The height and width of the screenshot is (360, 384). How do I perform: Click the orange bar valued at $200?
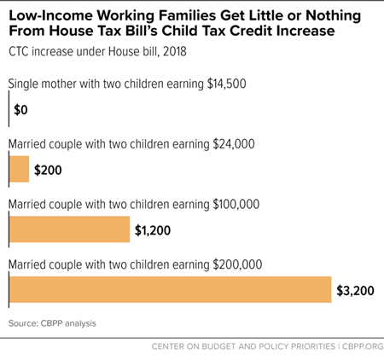[x=19, y=169]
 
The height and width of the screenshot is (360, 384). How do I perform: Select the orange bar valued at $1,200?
[x=69, y=229]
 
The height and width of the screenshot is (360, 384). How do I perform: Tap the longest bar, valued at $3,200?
[x=171, y=289]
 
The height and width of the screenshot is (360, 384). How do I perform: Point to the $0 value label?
[x=20, y=110]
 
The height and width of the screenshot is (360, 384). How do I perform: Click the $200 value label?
[x=48, y=170]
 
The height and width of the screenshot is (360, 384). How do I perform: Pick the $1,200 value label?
[x=153, y=230]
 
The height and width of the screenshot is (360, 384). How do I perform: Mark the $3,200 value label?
[x=355, y=291]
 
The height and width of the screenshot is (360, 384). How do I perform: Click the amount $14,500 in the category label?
[x=226, y=84]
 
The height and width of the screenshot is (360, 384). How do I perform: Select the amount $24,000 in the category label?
[x=234, y=144]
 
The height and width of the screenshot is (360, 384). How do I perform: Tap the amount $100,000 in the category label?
[x=236, y=205]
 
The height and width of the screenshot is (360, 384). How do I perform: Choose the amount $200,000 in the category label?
[x=237, y=264]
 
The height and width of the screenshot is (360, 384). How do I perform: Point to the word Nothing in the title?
[x=333, y=16]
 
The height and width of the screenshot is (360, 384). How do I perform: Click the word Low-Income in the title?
[x=50, y=15]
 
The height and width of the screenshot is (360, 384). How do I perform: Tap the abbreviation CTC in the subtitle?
[x=19, y=52]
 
